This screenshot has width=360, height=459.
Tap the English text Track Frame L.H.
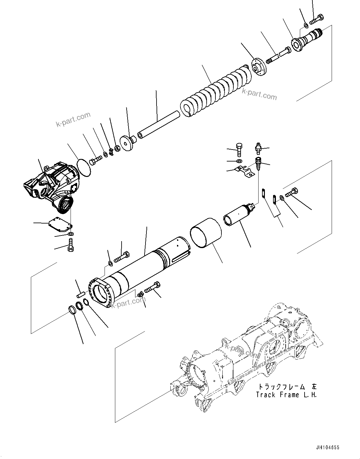click(286, 395)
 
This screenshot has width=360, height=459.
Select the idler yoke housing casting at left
click(50, 186)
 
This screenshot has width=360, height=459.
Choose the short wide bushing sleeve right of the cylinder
click(206, 232)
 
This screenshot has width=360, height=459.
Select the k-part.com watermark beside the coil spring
click(259, 94)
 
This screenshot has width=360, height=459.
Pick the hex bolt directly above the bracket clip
click(239, 149)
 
